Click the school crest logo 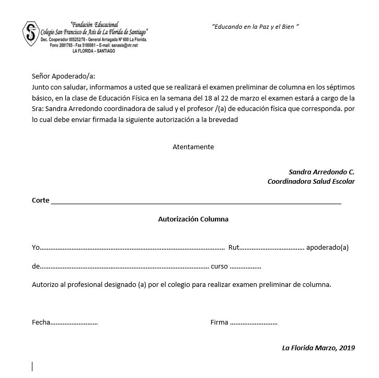(31, 34)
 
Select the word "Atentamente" (193, 147)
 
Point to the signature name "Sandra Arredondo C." (321, 172)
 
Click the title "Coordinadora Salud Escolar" (311, 182)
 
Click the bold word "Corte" (40, 200)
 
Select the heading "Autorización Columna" (193, 219)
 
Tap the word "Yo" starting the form (36, 247)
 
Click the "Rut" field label (234, 247)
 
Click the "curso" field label (219, 266)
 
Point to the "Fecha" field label (41, 323)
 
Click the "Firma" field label (219, 323)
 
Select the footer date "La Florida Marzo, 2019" (318, 348)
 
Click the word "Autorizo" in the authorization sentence (45, 285)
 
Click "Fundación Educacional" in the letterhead (94, 25)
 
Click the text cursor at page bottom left (32, 366)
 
